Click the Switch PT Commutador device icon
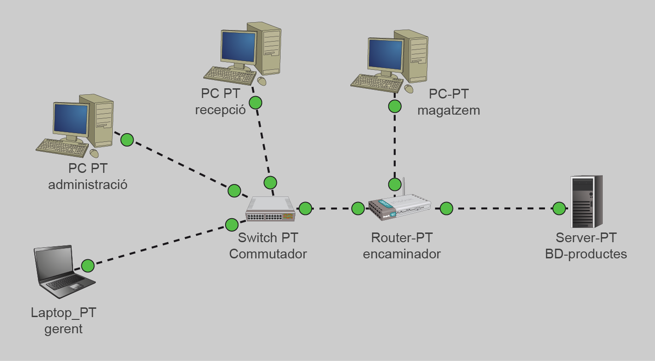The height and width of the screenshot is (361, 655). click(270, 209)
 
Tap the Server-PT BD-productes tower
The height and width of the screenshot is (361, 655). click(586, 202)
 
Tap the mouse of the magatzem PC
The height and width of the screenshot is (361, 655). click(409, 89)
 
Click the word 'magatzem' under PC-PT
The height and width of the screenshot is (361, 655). click(448, 110)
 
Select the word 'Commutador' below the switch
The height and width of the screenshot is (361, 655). click(268, 254)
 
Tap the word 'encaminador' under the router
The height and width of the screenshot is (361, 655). click(402, 254)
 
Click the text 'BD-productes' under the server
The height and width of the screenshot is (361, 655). click(586, 254)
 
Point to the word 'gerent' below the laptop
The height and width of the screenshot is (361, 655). click(63, 329)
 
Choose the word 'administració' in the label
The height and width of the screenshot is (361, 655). click(87, 185)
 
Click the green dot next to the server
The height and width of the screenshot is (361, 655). click(559, 208)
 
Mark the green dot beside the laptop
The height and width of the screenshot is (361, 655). click(88, 266)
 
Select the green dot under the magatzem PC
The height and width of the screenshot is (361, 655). click(394, 106)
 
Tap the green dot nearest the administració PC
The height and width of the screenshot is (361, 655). click(127, 140)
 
